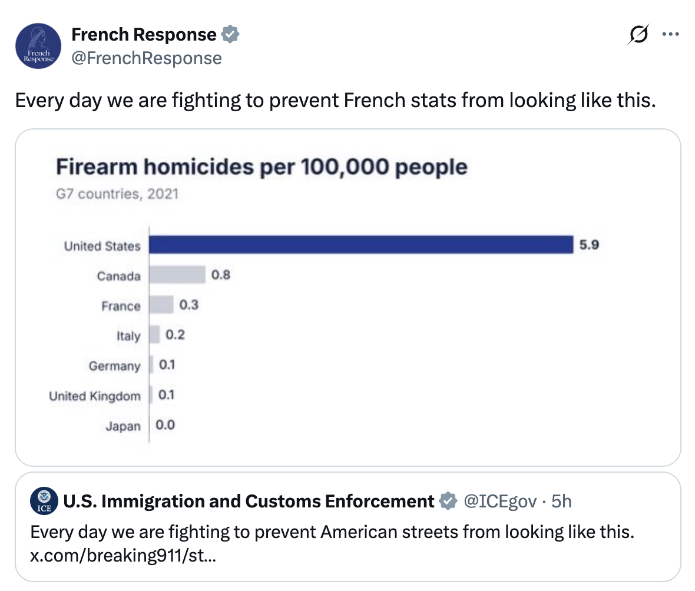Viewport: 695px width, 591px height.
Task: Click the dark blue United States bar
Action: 361,244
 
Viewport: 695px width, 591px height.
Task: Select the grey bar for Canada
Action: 177,275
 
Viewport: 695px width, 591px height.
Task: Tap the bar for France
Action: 161,305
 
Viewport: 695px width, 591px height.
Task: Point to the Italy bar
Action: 154,334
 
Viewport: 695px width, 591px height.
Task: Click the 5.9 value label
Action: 589,244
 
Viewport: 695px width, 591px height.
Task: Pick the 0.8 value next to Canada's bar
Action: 221,275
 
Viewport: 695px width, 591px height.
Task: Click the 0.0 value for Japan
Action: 165,425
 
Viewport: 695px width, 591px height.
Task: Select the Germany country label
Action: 114,366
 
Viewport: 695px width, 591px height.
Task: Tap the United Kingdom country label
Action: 94,396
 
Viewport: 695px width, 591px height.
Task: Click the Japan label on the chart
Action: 123,426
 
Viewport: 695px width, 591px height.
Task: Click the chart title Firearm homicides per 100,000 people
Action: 262,167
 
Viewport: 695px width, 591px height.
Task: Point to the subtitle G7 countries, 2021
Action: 117,194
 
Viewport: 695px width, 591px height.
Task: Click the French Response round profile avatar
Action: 38,46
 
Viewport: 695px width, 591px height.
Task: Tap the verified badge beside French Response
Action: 230,34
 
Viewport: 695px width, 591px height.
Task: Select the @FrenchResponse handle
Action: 147,58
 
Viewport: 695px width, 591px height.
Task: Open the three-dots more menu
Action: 670,34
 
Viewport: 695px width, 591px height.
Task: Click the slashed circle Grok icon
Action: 638,34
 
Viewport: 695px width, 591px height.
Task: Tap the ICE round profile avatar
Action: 44,500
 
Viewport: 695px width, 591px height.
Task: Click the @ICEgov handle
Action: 500,502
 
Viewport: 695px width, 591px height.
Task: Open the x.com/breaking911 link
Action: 123,555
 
